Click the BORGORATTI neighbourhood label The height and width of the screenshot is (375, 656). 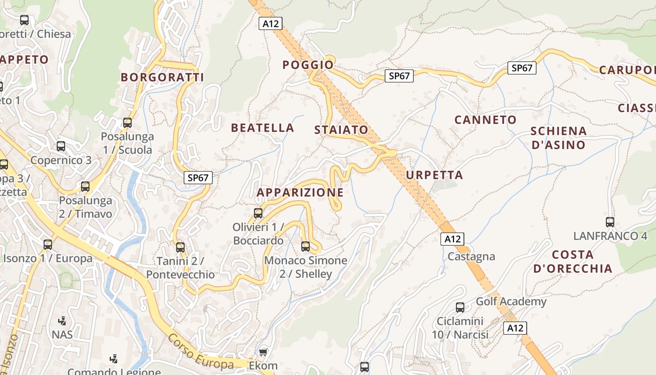point(162,77)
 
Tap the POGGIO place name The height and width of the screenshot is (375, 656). point(308,65)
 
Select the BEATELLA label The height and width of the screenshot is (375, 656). point(262,128)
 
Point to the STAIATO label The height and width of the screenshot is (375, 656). point(341,130)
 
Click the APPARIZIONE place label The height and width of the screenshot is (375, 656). point(300,193)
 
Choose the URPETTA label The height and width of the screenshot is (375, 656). point(434,175)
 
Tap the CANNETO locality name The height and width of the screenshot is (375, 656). point(485,120)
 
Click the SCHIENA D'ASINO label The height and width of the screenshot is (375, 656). point(558,138)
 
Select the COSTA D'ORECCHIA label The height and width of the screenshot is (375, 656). point(573,262)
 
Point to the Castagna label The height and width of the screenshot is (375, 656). point(471,256)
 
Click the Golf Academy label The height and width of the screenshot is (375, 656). point(511,301)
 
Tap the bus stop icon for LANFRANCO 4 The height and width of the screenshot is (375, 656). point(610,222)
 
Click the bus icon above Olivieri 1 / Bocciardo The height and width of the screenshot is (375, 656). point(258,213)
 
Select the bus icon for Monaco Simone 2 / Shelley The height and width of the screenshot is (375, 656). point(306,246)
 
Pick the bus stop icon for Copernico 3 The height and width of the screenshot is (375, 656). point(61,146)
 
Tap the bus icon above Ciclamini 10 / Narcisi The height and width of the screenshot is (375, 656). point(460,307)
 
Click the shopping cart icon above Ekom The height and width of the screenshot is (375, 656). point(263,352)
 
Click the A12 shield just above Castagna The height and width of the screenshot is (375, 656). point(452,239)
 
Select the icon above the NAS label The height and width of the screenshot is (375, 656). point(62,321)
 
